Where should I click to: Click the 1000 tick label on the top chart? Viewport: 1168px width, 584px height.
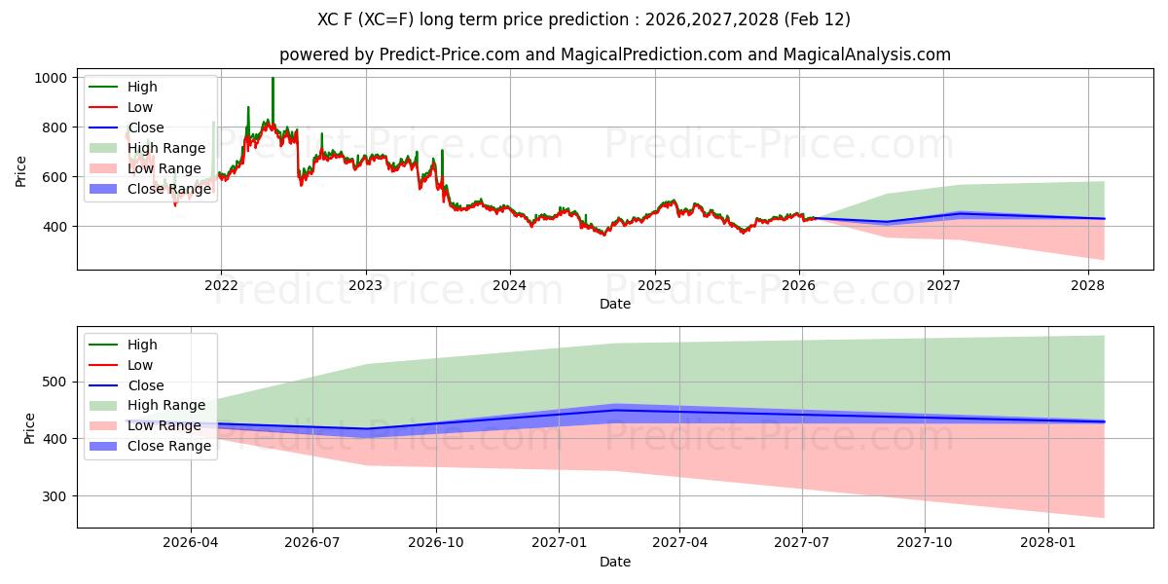coord(51,78)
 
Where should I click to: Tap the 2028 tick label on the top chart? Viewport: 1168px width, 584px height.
coord(1087,285)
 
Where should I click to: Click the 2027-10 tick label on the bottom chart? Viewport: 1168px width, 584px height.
coord(926,543)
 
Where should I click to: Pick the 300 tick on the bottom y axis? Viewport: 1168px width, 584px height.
coord(56,496)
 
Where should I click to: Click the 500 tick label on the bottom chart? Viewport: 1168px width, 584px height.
coord(56,382)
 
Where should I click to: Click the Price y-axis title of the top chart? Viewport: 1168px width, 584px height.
coord(21,171)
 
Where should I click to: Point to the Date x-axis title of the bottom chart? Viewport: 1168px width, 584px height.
coord(614,562)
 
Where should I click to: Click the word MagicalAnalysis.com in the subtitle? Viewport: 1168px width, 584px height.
coord(860,55)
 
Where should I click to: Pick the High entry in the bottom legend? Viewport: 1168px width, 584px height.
coord(141,345)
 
